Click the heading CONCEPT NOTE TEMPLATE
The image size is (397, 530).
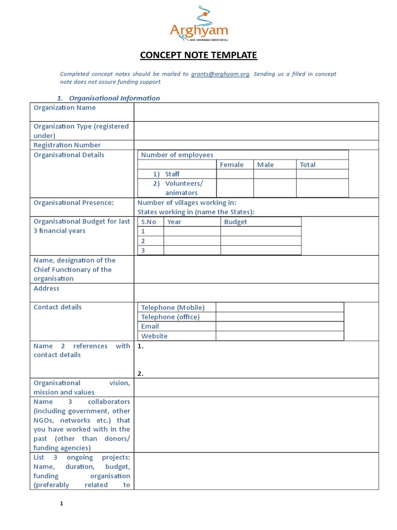point(198,55)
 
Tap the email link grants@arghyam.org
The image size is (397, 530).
point(220,74)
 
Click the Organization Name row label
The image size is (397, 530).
point(65,108)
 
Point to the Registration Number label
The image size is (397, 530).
point(67,145)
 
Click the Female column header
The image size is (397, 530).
point(232,165)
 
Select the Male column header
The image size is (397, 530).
point(266,165)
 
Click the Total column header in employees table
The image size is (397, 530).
point(308,165)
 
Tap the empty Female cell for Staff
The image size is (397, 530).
point(235,174)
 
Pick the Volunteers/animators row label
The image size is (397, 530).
point(184,188)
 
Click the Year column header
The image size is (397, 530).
point(175,222)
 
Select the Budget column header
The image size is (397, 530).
point(236,222)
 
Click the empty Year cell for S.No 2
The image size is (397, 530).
point(192,241)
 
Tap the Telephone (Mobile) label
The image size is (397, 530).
point(173,307)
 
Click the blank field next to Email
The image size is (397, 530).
point(279,326)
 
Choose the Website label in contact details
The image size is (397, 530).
point(155,336)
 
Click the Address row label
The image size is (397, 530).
point(47,288)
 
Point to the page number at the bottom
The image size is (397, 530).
point(61,504)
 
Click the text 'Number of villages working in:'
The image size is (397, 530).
point(187,202)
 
